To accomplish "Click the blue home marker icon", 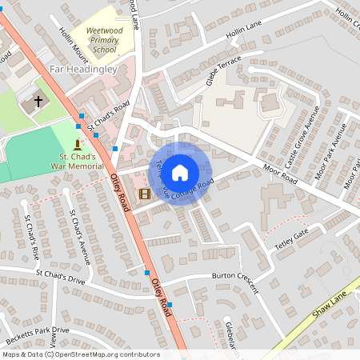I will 180,172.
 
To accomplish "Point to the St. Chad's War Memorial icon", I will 78,144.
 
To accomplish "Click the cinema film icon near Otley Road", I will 144,194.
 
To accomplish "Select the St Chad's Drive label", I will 60,276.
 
